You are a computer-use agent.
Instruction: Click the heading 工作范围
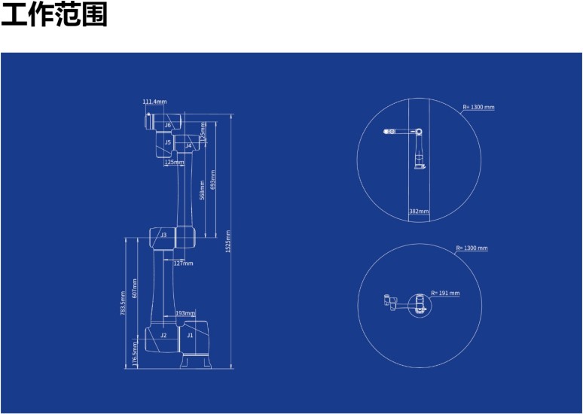click(54, 14)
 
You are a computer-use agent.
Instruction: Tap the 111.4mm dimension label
click(154, 102)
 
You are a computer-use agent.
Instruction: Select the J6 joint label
click(168, 125)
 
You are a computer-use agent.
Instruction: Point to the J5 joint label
click(168, 142)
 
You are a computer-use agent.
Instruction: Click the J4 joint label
click(188, 146)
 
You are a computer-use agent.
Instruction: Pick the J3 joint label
click(163, 235)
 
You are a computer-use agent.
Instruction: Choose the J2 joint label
click(163, 335)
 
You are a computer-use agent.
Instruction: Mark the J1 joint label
click(190, 335)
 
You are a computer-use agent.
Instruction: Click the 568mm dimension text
click(203, 190)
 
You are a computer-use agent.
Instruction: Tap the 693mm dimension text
click(213, 179)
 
